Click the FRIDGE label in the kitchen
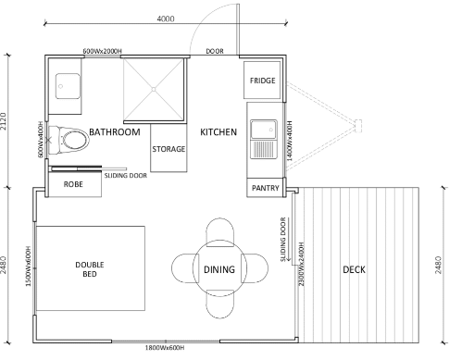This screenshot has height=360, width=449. pos(262,81)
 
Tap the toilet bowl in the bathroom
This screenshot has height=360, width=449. pos(73,141)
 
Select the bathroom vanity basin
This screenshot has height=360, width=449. pos(68,86)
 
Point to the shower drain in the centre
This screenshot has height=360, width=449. pos(154,90)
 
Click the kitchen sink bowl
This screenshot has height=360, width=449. pos(264,130)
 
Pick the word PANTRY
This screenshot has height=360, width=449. pos(266,188)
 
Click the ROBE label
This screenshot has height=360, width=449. pos(73,184)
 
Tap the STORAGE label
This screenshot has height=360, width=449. pos(168,149)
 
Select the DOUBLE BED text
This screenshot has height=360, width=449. pos(90,269)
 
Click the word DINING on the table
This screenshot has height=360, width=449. pos(219,269)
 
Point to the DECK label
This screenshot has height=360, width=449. pos(354,269)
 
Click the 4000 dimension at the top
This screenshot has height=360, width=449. pos(166,19)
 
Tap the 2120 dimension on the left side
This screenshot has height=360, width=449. pos(3,121)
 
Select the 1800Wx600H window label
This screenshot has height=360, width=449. pos(165,348)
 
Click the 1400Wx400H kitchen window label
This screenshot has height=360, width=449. pos(290,141)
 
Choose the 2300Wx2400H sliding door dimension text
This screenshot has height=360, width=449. pos(302,264)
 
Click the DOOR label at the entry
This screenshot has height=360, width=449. pos(215,51)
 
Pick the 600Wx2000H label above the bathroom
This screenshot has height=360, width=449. pos(102,51)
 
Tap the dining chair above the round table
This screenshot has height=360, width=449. pos(219,232)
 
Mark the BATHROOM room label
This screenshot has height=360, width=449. pos(115,132)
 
